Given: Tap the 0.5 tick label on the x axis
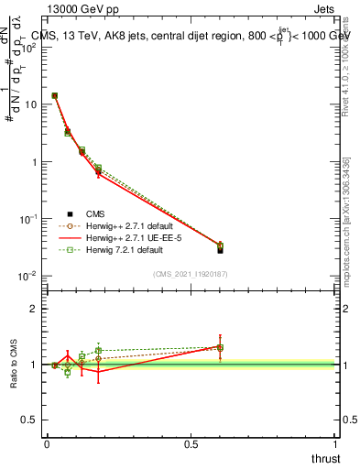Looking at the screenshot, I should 191,444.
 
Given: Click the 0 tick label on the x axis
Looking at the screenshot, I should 47,444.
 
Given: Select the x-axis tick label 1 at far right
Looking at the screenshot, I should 335,444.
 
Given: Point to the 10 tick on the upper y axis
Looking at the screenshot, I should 31,104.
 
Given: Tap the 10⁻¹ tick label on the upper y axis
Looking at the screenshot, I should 29,219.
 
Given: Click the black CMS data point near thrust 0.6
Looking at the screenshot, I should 220,248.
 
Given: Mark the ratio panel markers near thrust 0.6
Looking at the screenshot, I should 220,347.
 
